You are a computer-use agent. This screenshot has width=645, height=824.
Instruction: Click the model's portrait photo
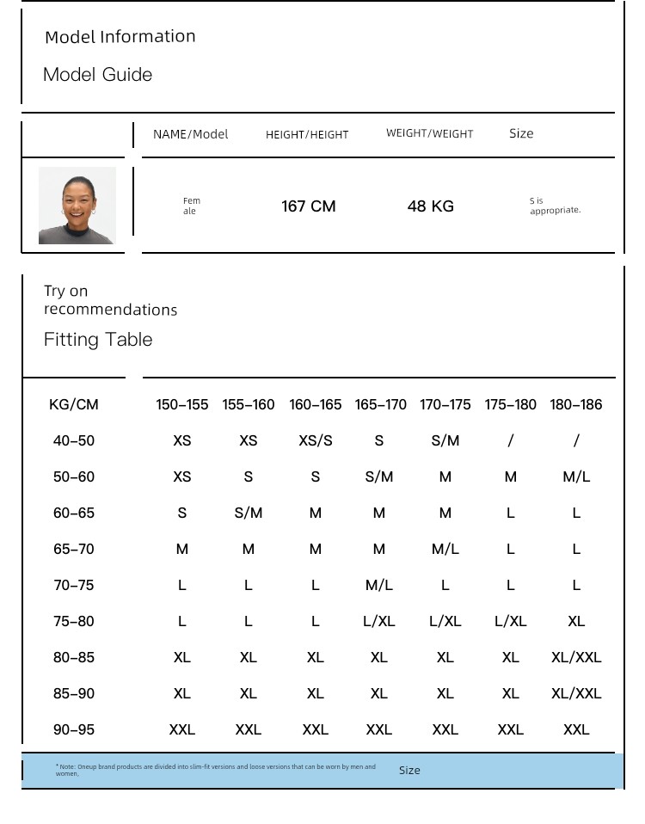(77, 206)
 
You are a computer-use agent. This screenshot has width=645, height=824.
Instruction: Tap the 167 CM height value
(309, 206)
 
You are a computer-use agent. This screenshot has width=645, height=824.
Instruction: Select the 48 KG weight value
(431, 206)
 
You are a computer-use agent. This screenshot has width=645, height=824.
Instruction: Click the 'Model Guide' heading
(97, 75)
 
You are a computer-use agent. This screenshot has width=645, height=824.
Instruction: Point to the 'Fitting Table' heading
(98, 340)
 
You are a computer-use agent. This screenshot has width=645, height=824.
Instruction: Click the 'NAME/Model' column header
(190, 134)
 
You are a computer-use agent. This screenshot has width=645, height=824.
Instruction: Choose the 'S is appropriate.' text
(555, 206)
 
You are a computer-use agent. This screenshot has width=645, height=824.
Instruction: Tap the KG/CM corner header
(74, 404)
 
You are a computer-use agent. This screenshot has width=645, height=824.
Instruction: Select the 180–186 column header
(576, 404)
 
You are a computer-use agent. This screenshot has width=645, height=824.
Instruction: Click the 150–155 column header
(181, 404)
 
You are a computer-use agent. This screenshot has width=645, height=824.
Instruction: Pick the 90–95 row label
(74, 729)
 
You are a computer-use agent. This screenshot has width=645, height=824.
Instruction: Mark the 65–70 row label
(74, 549)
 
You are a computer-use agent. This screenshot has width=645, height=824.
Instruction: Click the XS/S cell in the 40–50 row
(315, 440)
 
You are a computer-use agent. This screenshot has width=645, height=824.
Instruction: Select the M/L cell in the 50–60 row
(576, 477)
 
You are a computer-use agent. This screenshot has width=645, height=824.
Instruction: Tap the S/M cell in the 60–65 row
(248, 513)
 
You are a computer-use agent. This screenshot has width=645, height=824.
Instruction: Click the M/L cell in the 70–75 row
(378, 585)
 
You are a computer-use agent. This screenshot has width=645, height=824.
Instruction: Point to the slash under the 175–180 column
(511, 440)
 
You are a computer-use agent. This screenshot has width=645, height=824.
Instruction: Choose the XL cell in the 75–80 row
(576, 621)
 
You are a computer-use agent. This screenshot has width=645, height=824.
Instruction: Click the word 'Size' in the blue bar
(409, 771)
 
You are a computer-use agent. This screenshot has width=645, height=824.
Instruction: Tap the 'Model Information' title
(120, 37)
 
